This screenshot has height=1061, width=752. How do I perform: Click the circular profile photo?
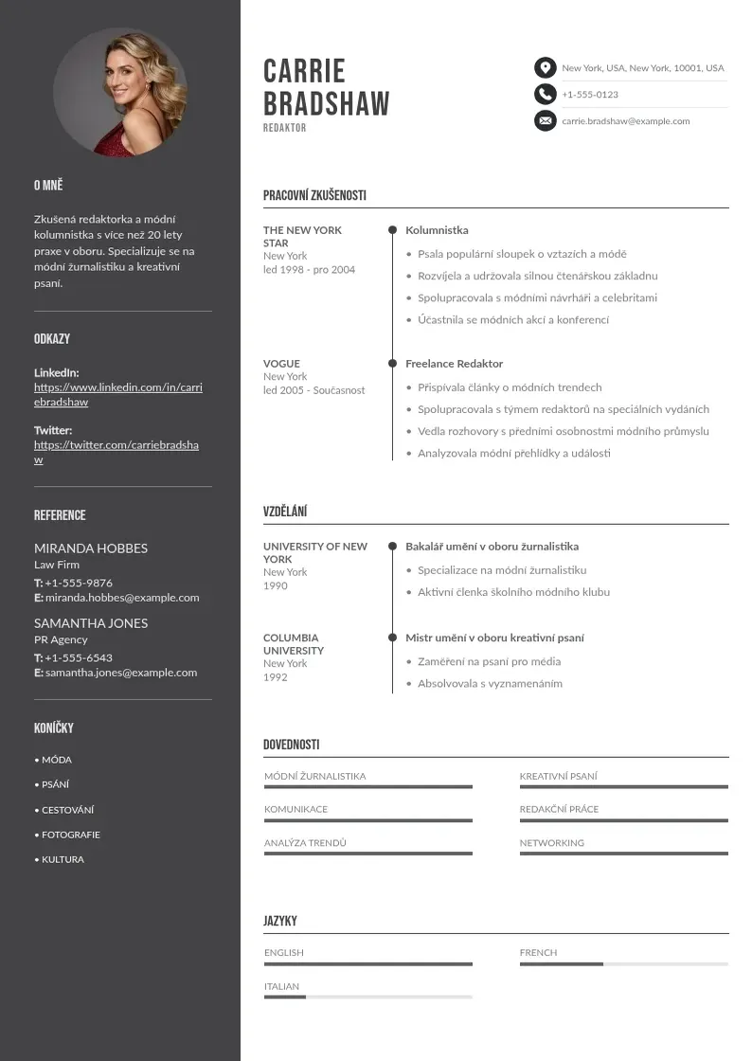click(120, 92)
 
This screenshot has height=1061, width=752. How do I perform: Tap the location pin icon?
click(545, 68)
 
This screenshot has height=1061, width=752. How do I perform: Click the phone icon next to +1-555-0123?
click(545, 95)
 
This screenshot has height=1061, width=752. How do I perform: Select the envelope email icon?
click(545, 121)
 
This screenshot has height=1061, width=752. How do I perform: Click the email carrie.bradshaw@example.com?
click(625, 121)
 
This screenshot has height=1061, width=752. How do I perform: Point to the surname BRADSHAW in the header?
click(326, 104)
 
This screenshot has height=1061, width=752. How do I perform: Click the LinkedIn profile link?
click(118, 394)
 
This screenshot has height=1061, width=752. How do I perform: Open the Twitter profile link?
click(116, 452)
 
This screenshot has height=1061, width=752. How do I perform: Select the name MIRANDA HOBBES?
click(91, 548)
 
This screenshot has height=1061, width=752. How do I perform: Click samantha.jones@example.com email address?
click(121, 673)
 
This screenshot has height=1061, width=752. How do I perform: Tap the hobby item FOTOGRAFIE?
click(70, 835)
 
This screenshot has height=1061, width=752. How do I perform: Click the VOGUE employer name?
click(281, 364)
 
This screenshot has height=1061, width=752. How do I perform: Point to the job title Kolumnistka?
click(437, 230)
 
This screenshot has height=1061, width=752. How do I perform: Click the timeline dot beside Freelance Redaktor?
click(392, 364)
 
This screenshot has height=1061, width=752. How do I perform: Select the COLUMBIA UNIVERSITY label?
click(294, 644)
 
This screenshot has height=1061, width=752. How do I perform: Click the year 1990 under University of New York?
click(276, 585)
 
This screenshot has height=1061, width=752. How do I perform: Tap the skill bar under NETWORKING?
click(623, 854)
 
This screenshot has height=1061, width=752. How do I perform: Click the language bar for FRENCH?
click(623, 964)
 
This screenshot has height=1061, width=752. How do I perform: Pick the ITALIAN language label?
click(281, 986)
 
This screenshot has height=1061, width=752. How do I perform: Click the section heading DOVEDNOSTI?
click(292, 745)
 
